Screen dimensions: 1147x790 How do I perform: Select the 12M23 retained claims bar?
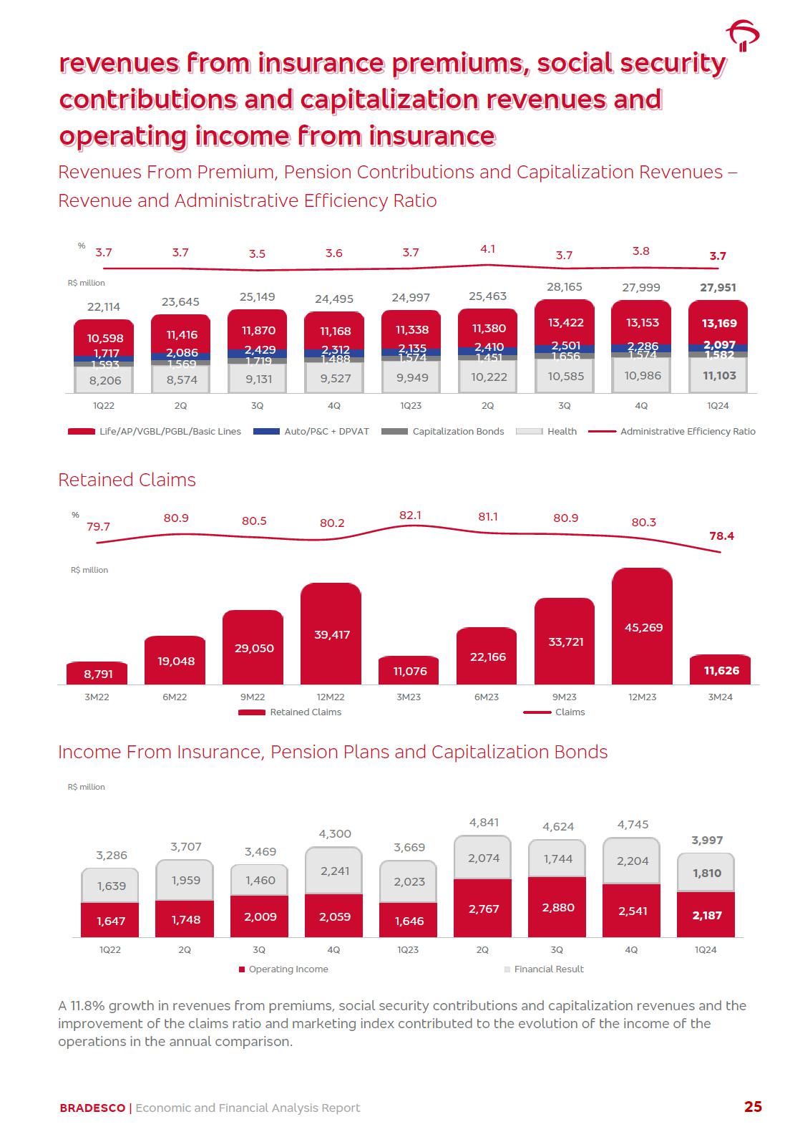tap(642, 626)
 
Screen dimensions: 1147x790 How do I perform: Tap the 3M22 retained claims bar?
tap(97, 673)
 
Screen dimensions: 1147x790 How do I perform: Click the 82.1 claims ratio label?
tap(410, 516)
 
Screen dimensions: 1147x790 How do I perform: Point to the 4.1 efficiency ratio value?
tap(487, 249)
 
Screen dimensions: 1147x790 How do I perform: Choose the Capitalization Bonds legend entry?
tap(443, 432)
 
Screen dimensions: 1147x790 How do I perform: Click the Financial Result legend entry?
tap(544, 969)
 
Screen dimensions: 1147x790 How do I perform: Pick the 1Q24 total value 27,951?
tap(718, 288)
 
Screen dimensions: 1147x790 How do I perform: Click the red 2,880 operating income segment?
tap(557, 907)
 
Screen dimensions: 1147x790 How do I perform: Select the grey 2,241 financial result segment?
tap(334, 871)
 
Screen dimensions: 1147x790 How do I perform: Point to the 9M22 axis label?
tap(253, 697)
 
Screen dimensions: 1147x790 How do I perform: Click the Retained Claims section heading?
tap(127, 480)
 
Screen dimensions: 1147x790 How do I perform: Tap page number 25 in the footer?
tap(753, 1107)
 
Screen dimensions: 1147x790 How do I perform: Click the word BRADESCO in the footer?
tap(92, 1108)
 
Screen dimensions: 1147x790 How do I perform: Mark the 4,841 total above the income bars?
tap(484, 823)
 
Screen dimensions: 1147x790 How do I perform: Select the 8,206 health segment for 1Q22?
tap(104, 381)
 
